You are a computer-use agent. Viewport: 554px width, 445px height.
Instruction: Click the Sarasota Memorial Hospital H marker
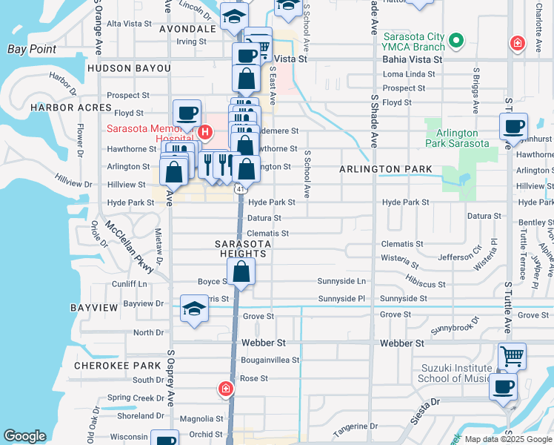pyautogui.click(x=205, y=133)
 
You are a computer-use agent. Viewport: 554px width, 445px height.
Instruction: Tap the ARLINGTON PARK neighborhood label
pyautogui.click(x=386, y=170)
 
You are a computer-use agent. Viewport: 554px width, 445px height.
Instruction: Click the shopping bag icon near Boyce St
pyautogui.click(x=241, y=271)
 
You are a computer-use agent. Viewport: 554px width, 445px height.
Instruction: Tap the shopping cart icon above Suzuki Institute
pyautogui.click(x=512, y=355)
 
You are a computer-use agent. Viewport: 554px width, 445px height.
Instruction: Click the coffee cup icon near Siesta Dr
pyautogui.click(x=504, y=386)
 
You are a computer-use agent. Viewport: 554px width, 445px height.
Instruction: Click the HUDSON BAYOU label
pyautogui.click(x=129, y=68)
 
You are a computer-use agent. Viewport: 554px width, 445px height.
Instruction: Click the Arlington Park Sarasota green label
pyautogui.click(x=457, y=138)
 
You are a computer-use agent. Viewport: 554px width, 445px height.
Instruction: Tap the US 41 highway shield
pyautogui.click(x=241, y=189)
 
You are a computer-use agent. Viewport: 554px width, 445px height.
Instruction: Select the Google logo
pyautogui.click(x=25, y=436)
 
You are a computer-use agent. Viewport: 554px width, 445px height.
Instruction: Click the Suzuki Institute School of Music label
pyautogui.click(x=455, y=374)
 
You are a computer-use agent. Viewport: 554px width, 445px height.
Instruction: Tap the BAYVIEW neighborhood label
pyautogui.click(x=93, y=306)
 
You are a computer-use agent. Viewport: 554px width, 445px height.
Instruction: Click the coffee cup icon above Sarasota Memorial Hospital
pyautogui.click(x=187, y=113)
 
